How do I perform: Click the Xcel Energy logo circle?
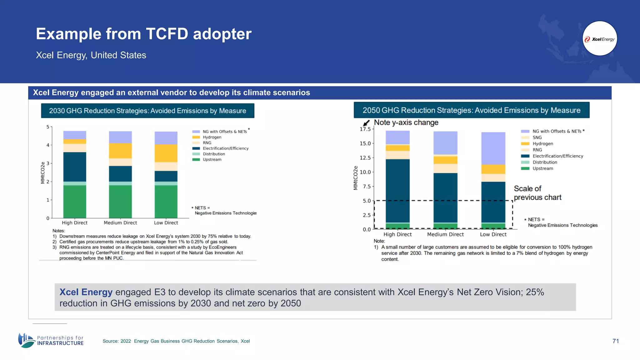[x=600, y=39]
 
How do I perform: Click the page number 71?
[x=616, y=341]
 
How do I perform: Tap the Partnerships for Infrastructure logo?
[x=51, y=340]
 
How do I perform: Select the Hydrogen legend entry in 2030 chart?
[x=212, y=137]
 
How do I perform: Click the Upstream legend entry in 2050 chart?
[x=542, y=168]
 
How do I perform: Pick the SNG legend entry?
[x=537, y=137]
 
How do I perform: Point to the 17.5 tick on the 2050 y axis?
[x=365, y=129]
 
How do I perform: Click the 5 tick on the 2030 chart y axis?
[x=48, y=127]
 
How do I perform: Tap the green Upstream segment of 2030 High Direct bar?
[x=75, y=202]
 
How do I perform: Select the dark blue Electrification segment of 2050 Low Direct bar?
[x=493, y=202]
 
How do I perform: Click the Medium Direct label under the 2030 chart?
[x=120, y=223]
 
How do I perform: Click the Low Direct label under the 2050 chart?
[x=493, y=234]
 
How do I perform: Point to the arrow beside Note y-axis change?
[x=366, y=123]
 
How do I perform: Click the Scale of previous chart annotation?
[x=537, y=193]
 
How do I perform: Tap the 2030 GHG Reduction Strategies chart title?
[x=147, y=111]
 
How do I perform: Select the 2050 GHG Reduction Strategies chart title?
[x=471, y=110]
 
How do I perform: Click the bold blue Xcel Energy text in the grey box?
[x=86, y=292]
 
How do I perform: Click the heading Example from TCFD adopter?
[x=143, y=34]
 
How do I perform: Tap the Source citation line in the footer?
[x=176, y=341]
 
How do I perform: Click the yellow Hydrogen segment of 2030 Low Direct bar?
[x=166, y=153]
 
